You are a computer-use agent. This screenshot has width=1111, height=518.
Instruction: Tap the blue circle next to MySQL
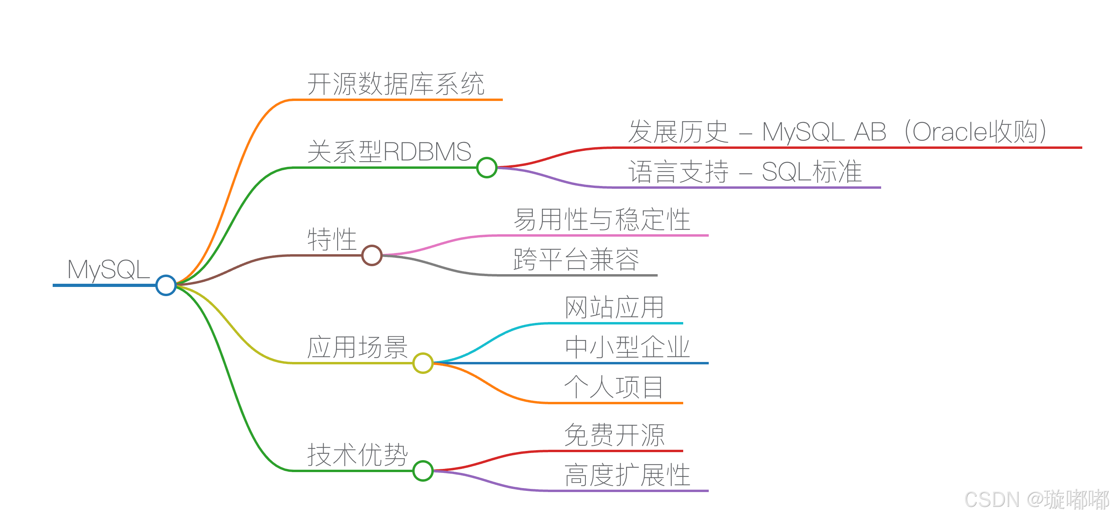click(166, 285)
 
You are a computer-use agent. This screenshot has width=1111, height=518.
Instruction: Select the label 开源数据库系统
click(396, 84)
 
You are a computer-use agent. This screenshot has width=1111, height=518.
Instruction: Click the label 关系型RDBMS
click(389, 151)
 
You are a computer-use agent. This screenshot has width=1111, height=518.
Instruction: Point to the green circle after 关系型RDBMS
click(487, 167)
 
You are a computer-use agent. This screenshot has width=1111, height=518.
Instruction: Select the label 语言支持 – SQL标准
click(745, 172)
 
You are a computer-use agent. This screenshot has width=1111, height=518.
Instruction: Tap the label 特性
click(332, 239)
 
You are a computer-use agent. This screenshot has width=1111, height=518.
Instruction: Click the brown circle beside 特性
click(372, 255)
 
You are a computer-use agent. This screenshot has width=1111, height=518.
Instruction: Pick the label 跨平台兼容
click(576, 259)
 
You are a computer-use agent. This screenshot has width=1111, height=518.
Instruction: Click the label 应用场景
click(357, 347)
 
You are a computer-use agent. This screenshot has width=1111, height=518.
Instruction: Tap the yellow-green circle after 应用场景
click(423, 363)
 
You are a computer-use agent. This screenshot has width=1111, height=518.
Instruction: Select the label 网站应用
click(614, 308)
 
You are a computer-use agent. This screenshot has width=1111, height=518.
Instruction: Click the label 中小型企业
click(627, 347)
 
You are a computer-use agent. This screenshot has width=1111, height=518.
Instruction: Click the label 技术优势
click(357, 455)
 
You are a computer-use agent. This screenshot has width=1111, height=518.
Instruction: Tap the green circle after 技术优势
click(423, 471)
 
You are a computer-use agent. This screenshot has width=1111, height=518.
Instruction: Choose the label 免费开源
click(614, 435)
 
